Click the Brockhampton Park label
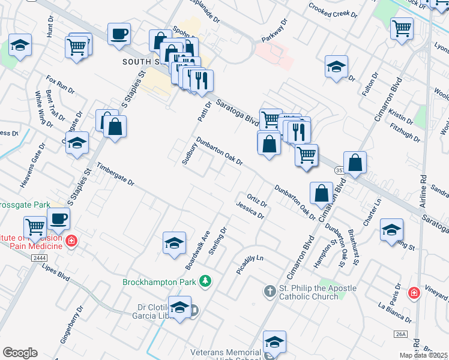[x=160, y=282]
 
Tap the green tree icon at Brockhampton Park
[x=205, y=281]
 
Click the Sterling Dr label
[x=216, y=241]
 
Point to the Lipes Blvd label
[x=56, y=266]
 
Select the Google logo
[x=20, y=353]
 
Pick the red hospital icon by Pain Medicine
[x=71, y=241]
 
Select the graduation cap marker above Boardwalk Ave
[x=174, y=242]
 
